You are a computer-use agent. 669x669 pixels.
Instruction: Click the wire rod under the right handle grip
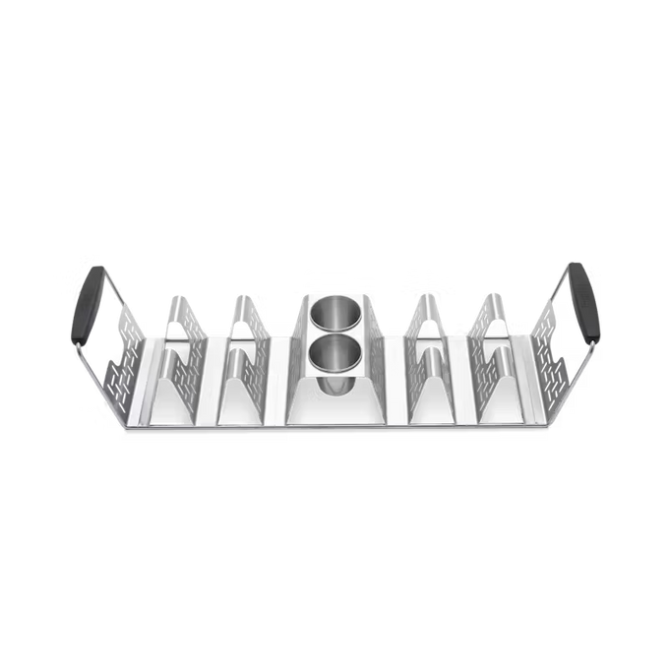tap(588, 359)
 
